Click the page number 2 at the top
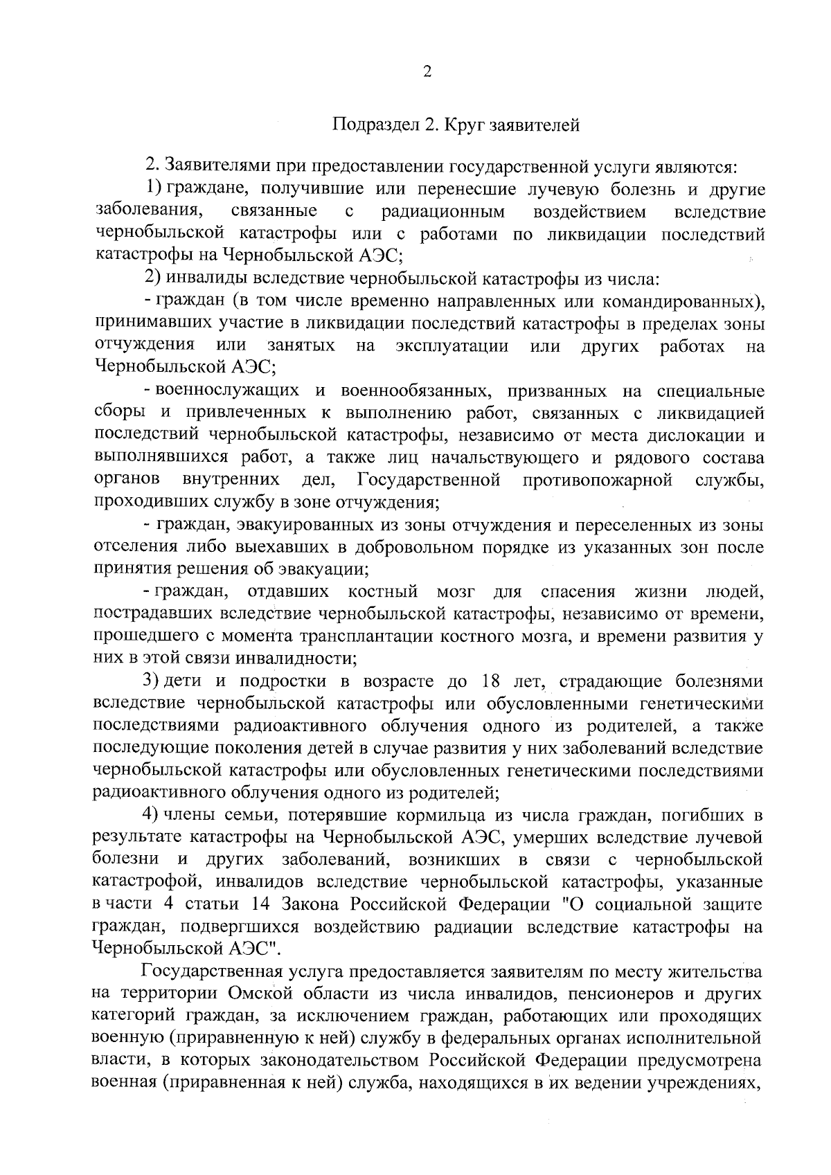(427, 72)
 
